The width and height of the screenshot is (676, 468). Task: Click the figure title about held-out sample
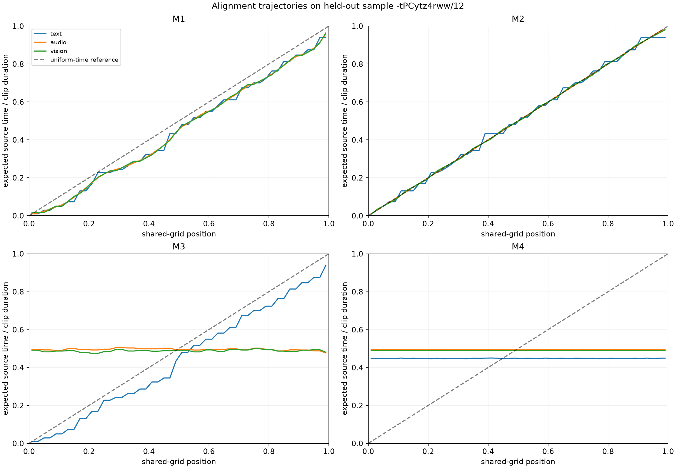click(x=338, y=6)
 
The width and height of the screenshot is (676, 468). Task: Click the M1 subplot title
click(x=179, y=19)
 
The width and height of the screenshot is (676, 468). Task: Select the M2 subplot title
click(x=518, y=19)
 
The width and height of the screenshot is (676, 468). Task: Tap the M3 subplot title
click(x=179, y=247)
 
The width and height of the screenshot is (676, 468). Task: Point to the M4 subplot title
click(x=518, y=247)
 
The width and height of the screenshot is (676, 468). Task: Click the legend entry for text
click(x=56, y=34)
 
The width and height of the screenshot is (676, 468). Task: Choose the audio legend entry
click(x=58, y=42)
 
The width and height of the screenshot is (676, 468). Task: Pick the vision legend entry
click(x=59, y=51)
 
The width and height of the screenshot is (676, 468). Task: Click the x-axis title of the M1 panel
click(x=179, y=234)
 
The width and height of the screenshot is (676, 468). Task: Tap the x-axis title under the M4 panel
click(x=518, y=462)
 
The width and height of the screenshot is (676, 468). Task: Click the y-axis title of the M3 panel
click(x=6, y=348)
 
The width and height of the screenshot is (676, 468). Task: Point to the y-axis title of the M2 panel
click(x=345, y=121)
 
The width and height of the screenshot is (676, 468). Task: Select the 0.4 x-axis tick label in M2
click(x=488, y=224)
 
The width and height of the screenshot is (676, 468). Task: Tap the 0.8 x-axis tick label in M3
click(x=269, y=451)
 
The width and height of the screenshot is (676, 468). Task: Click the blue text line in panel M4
click(x=518, y=358)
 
